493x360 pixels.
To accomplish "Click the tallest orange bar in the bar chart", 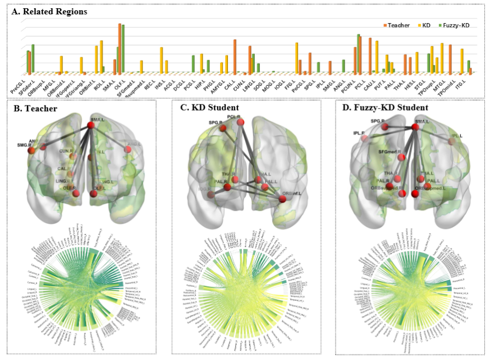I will point(119,48).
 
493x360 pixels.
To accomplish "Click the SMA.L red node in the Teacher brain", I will point(91,125).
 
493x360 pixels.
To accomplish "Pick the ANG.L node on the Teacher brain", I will point(127,149).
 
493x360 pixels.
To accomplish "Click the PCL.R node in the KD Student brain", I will point(240,121).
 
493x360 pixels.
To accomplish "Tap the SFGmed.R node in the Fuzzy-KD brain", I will point(401,157).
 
